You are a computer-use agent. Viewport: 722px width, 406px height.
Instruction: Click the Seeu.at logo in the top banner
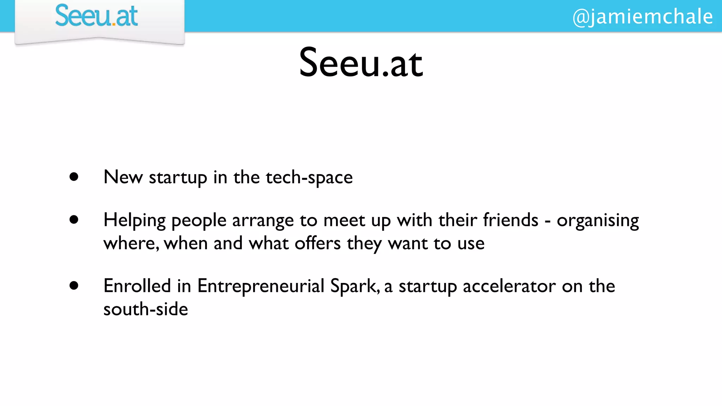click(x=96, y=16)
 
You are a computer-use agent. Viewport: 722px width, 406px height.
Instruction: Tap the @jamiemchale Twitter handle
click(x=642, y=17)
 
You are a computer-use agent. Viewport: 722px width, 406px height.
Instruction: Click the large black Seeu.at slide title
click(x=361, y=63)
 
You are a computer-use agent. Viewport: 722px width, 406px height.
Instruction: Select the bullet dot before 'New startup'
click(x=74, y=177)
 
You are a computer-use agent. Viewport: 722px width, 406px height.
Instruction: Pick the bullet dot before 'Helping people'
click(x=74, y=220)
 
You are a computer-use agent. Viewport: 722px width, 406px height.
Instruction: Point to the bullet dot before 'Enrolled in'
click(x=74, y=285)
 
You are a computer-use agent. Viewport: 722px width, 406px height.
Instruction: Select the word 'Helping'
click(x=134, y=221)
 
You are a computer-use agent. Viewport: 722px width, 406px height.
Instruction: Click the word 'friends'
click(x=510, y=220)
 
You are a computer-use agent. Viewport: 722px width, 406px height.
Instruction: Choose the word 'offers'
click(x=318, y=243)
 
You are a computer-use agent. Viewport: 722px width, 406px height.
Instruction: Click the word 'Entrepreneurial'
click(x=261, y=286)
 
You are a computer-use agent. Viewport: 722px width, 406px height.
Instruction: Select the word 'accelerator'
click(x=509, y=286)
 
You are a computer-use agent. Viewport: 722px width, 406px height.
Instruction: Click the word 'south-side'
click(x=146, y=309)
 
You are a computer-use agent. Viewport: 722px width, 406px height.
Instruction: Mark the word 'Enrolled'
click(x=137, y=286)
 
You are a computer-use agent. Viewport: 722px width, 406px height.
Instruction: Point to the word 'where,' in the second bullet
click(x=131, y=244)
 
